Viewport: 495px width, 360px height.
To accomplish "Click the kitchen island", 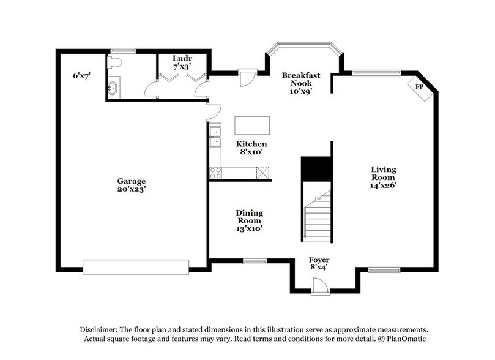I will pyautogui.click(x=252, y=126).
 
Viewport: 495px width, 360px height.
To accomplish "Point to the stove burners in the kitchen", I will pyautogui.click(x=215, y=173).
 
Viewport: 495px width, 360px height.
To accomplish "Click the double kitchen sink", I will pyautogui.click(x=215, y=136).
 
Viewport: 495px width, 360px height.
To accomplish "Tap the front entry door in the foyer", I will pyautogui.click(x=320, y=287).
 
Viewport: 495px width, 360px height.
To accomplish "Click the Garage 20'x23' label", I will pyautogui.click(x=132, y=185).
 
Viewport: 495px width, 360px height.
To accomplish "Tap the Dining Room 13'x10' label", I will pyautogui.click(x=249, y=220).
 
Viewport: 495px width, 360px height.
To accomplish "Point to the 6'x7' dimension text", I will pyautogui.click(x=82, y=75).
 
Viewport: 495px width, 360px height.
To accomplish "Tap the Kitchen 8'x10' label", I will pyautogui.click(x=251, y=148).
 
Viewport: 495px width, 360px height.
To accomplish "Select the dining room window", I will pyautogui.click(x=254, y=261).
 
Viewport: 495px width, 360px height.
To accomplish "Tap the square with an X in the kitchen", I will pyautogui.click(x=263, y=173).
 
